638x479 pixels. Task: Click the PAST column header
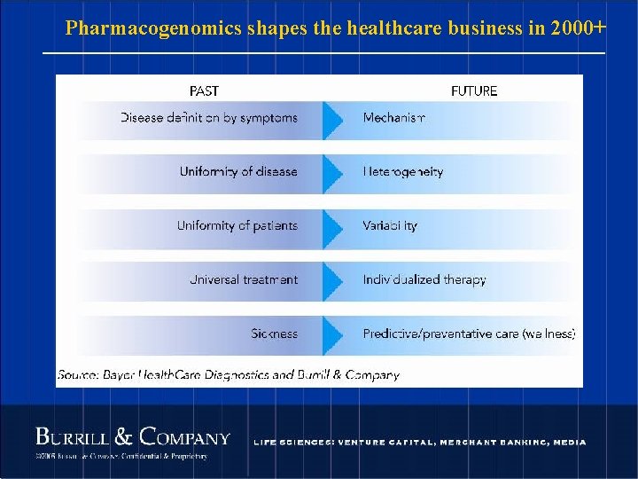pos(204,90)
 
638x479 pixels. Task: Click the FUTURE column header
pos(474,90)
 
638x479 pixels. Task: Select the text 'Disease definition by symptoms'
pos(209,118)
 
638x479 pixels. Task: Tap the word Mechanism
pos(394,118)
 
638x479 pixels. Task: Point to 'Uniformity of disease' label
pos(238,171)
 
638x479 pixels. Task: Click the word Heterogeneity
pos(403,171)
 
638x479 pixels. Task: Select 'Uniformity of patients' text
pos(237,225)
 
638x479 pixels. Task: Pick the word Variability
pos(390,225)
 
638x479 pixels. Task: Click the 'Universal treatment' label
pos(244,279)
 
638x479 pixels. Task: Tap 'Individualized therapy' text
pos(424,279)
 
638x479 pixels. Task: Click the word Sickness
pos(274,334)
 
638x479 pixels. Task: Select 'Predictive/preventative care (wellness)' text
pos(469,334)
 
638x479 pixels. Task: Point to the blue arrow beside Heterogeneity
pos(332,174)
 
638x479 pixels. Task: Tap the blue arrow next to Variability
pos(332,228)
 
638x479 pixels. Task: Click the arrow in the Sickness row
pos(332,335)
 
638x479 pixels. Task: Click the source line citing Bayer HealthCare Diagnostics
pos(229,375)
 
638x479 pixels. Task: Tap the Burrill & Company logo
pos(133,437)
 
